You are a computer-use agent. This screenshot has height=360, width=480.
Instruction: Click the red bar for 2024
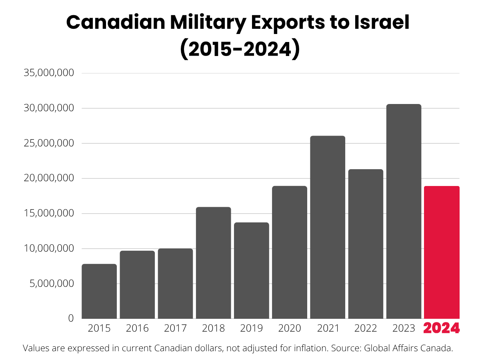[442, 252]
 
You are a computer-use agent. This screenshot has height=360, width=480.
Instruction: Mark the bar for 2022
[366, 244]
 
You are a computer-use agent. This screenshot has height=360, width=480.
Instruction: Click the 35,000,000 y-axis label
[49, 73]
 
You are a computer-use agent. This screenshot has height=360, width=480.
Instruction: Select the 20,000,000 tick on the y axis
[49, 178]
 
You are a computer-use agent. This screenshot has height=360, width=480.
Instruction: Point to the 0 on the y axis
[71, 318]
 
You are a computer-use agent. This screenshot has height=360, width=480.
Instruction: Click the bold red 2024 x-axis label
[442, 328]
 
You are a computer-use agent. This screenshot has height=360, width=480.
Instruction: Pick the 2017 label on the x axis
[175, 328]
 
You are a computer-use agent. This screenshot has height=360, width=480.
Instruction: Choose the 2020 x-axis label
[290, 328]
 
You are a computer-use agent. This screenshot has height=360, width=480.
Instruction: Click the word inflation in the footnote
[306, 348]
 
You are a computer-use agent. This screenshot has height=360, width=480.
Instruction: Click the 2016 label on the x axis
[137, 328]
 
